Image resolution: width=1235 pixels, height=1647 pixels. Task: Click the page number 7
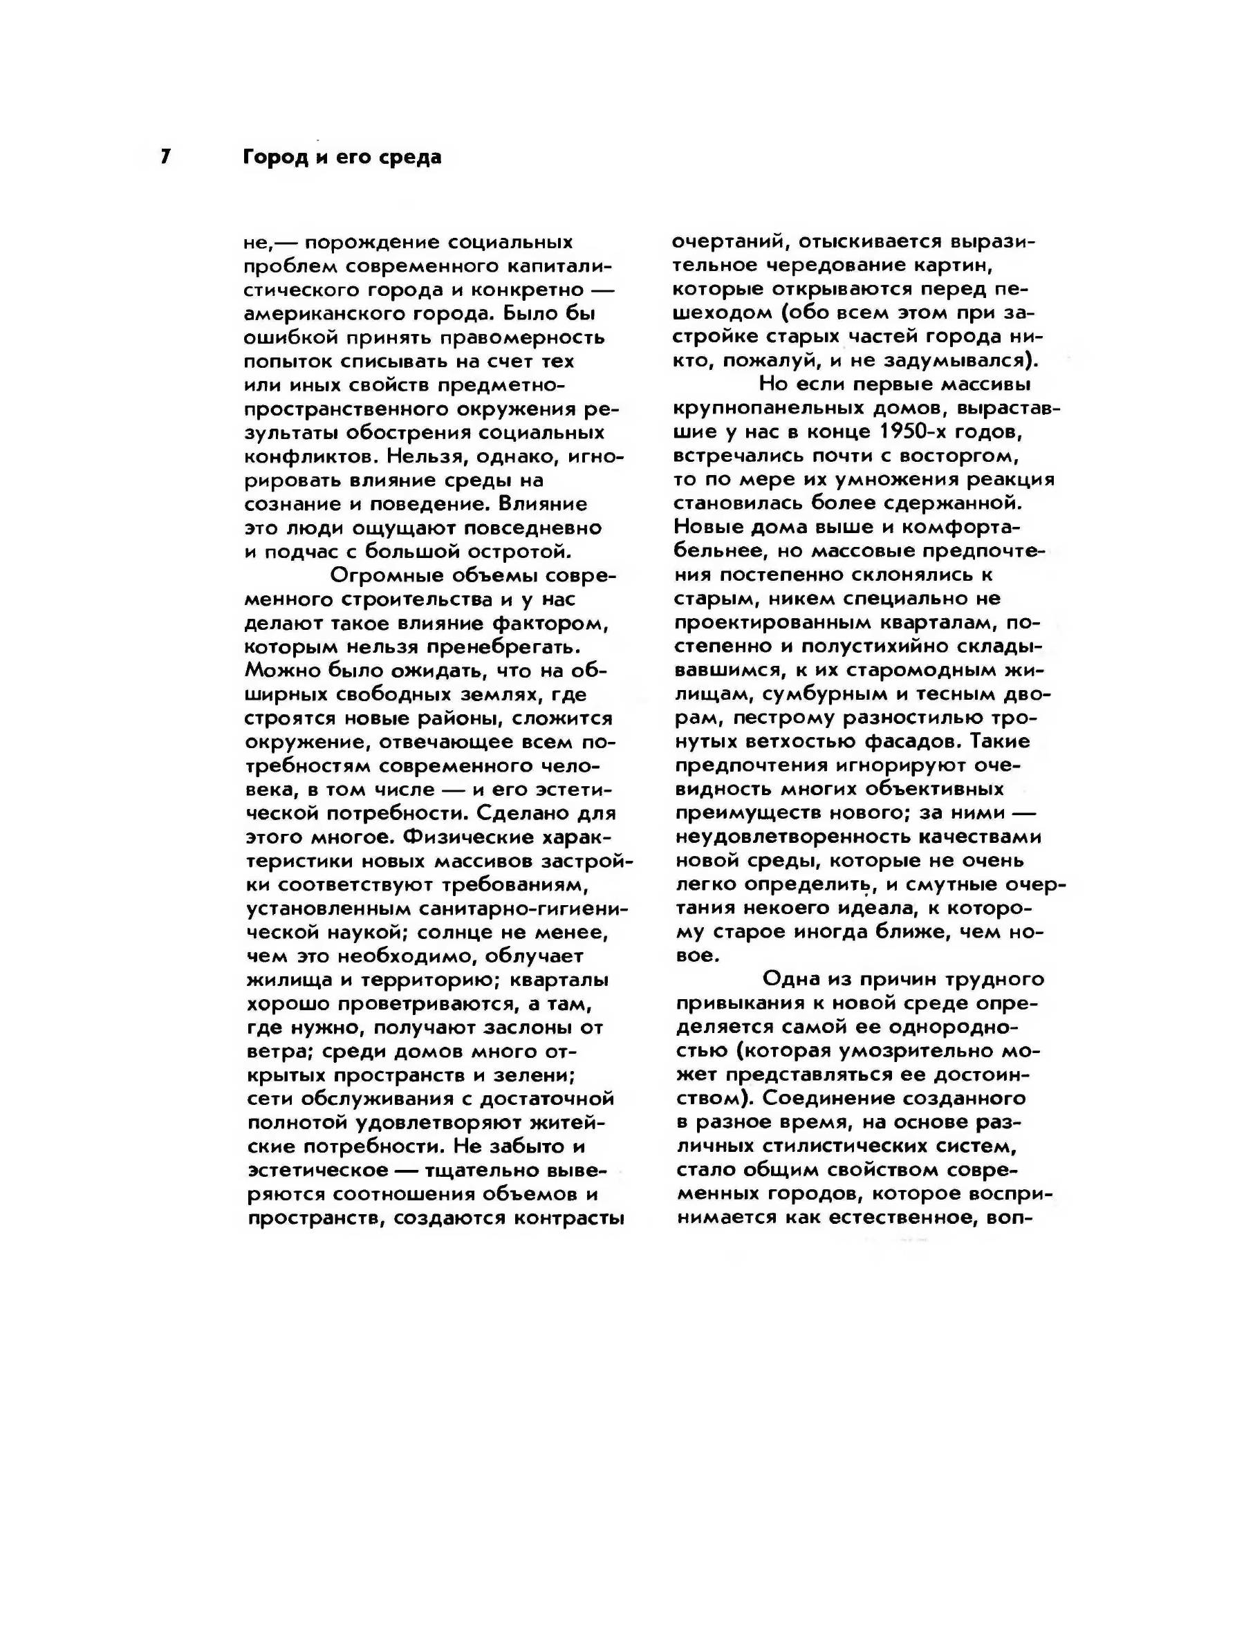165,156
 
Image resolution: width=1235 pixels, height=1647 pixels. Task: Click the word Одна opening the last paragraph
788,979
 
